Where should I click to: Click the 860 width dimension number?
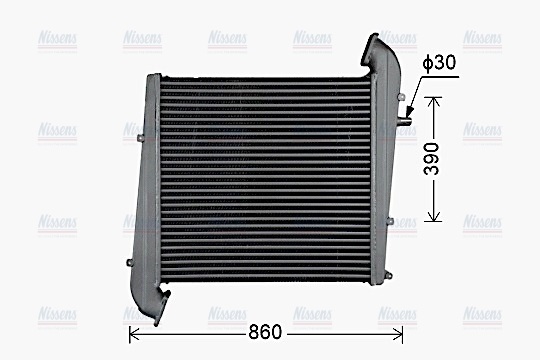264,332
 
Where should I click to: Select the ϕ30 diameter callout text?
440,63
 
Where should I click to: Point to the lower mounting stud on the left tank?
131,262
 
